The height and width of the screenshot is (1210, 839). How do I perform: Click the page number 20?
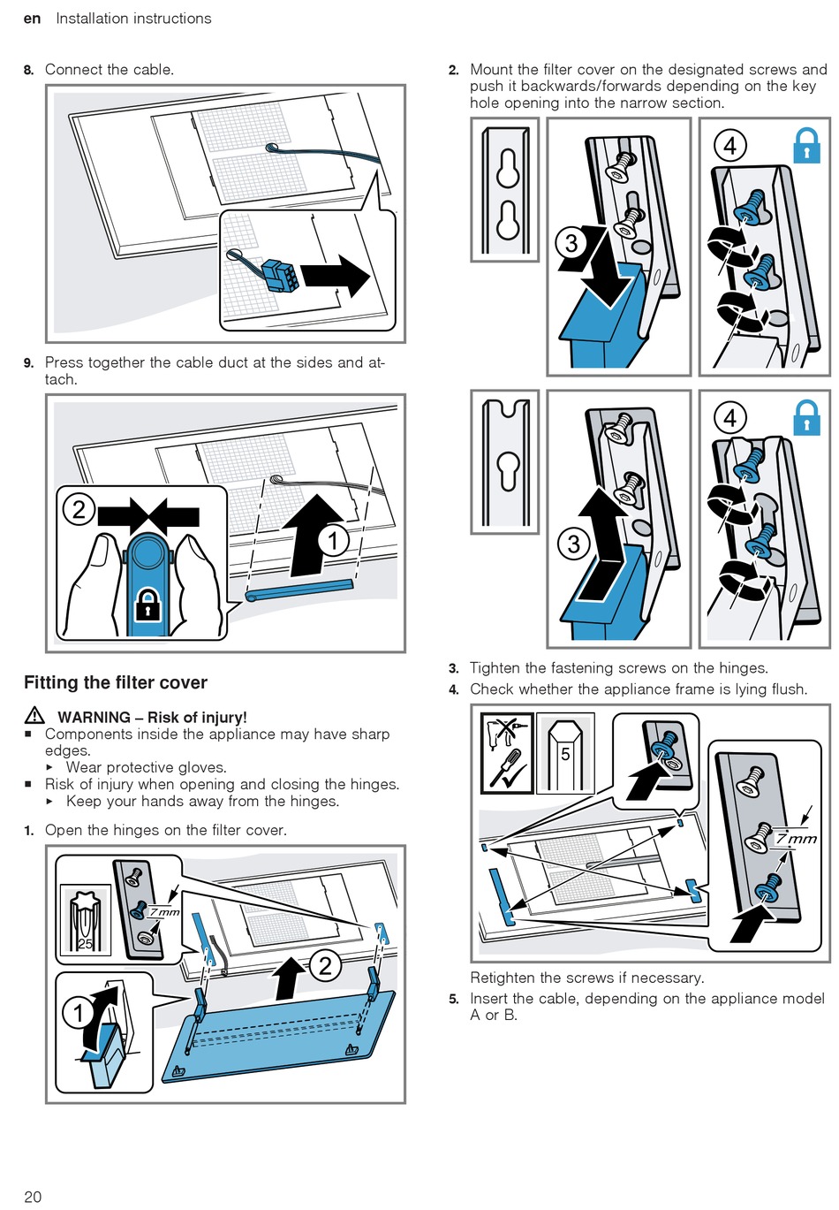point(33,1196)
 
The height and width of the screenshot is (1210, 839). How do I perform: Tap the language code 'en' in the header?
point(32,19)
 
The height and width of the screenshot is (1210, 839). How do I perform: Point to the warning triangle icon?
point(34,716)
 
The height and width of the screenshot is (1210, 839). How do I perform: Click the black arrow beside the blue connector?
point(336,276)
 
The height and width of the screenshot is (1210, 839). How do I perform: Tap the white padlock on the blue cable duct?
point(147,607)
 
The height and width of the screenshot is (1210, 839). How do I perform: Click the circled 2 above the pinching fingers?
point(79,509)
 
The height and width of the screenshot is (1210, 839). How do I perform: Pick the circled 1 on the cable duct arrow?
point(333,540)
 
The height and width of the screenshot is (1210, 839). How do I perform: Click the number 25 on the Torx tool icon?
point(85,943)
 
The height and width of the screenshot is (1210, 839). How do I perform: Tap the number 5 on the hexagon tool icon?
point(565,755)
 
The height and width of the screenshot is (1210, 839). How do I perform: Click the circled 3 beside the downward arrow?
point(572,243)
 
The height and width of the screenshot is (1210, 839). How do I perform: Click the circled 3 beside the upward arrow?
point(574,544)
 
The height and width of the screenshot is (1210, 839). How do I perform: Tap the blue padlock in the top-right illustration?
point(806,146)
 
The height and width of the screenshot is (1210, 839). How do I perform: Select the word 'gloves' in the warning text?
point(202,767)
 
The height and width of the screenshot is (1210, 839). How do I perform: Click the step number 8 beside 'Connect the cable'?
point(29,70)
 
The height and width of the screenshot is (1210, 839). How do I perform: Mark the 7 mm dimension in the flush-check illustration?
point(797,839)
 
